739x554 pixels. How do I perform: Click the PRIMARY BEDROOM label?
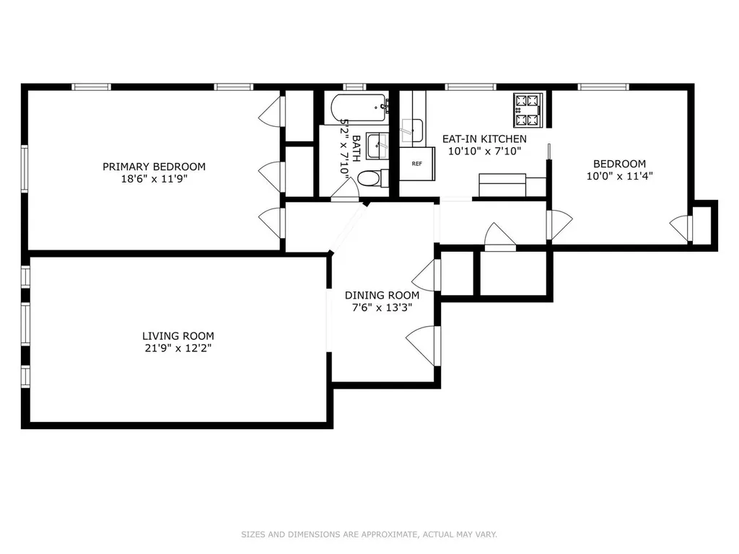(154, 167)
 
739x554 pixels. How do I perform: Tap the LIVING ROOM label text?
(178, 336)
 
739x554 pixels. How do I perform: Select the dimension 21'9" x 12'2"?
(178, 348)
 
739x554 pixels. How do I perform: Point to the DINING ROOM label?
(382, 295)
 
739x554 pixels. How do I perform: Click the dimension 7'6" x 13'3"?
(382, 307)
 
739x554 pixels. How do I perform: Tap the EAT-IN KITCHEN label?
(484, 139)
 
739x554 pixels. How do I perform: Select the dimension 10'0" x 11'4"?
(619, 176)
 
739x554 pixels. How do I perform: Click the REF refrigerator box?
(417, 164)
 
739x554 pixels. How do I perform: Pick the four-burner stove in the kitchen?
(528, 110)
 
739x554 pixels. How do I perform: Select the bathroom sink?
(378, 146)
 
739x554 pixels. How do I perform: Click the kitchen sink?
(412, 131)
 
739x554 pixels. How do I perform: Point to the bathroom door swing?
(346, 190)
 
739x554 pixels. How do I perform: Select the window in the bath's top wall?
(354, 87)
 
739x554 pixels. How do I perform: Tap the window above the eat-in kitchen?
(471, 87)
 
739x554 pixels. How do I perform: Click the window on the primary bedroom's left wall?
(25, 168)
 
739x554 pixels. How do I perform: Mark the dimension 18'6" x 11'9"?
(154, 179)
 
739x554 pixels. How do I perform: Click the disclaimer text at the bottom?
(369, 535)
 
